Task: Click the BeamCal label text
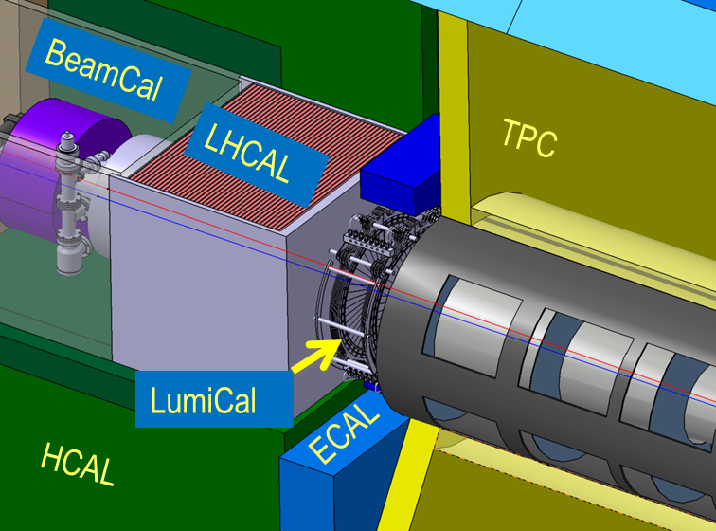(x=103, y=69)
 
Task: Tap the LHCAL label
(x=247, y=154)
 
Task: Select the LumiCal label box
(x=214, y=399)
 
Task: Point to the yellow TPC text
(x=529, y=137)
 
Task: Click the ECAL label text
(x=344, y=432)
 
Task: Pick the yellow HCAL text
(x=78, y=464)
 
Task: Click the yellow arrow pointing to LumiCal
(x=316, y=356)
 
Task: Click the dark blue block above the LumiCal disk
(x=402, y=169)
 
